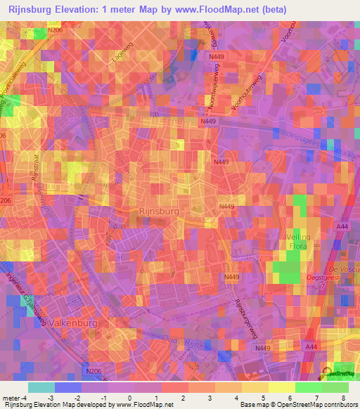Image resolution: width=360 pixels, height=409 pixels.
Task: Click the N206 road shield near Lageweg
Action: pyautogui.click(x=56, y=30)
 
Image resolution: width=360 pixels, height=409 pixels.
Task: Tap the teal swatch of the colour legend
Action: pyautogui.click(x=41, y=387)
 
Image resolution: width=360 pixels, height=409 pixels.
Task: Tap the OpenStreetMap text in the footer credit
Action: pyautogui.click(x=309, y=405)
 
